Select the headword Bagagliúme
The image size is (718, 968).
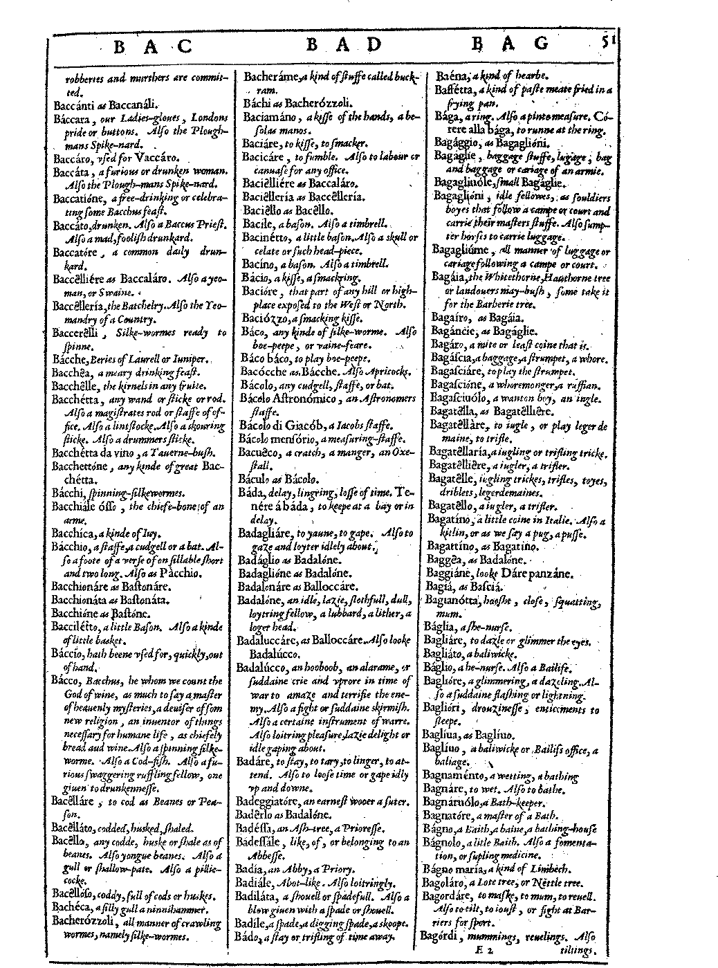tap(461, 249)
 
